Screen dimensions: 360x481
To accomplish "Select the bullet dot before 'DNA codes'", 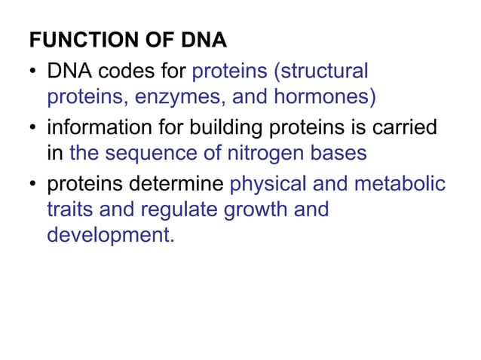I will tap(34, 73).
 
